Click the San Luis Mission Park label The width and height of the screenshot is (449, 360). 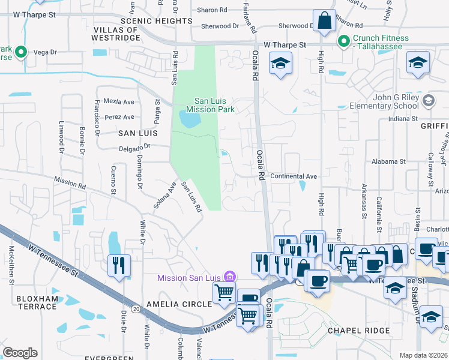[209, 106]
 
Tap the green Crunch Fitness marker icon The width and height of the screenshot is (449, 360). [344, 41]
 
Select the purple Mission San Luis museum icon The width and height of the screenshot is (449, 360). [229, 277]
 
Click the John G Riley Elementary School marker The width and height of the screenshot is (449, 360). [427, 100]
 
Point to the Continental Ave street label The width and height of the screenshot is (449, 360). [294, 176]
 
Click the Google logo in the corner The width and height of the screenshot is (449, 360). [20, 353]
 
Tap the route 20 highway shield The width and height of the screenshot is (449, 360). [137, 308]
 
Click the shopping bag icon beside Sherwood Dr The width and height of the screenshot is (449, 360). [324, 21]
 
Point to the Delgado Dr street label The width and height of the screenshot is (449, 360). [136, 146]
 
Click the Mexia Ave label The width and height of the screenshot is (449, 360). [118, 101]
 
